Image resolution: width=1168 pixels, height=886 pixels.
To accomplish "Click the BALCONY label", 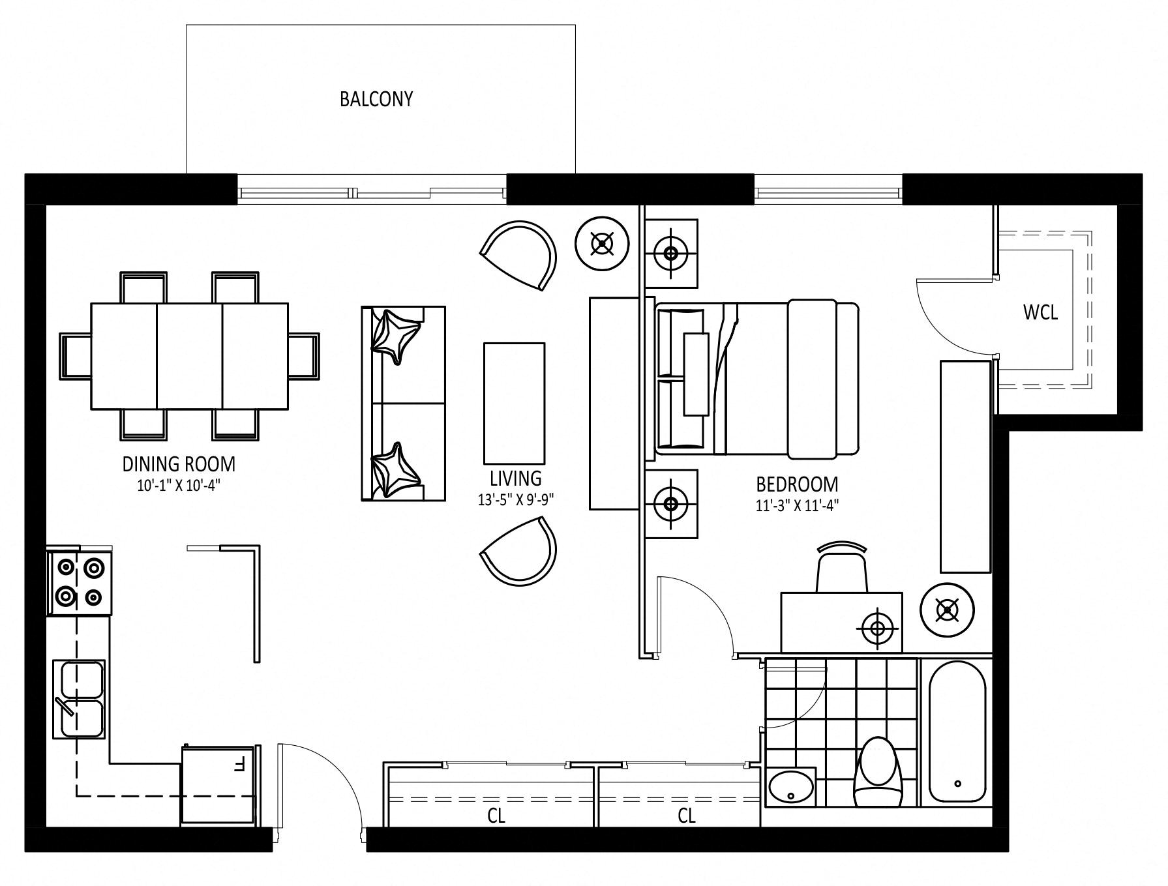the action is (376, 99).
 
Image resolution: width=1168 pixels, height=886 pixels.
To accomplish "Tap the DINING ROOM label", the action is (179, 464).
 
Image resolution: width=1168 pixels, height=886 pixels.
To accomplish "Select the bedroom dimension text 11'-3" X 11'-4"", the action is (797, 505).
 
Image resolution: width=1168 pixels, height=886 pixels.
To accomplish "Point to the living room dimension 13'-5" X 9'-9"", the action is (516, 500).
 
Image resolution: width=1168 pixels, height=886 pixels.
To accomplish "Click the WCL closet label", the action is (1040, 312).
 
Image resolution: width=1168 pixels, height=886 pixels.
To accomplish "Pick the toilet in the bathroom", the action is (878, 773).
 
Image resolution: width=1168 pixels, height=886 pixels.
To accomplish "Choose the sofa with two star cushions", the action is (404, 404).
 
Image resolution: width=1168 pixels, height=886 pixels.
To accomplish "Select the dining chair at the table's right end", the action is (304, 355).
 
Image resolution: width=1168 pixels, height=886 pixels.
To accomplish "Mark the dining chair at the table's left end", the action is (76, 355).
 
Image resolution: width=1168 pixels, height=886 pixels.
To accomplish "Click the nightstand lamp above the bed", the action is (670, 253).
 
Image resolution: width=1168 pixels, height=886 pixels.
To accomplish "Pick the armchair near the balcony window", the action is (519, 255).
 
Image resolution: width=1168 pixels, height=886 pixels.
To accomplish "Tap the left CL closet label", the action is (496, 815).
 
